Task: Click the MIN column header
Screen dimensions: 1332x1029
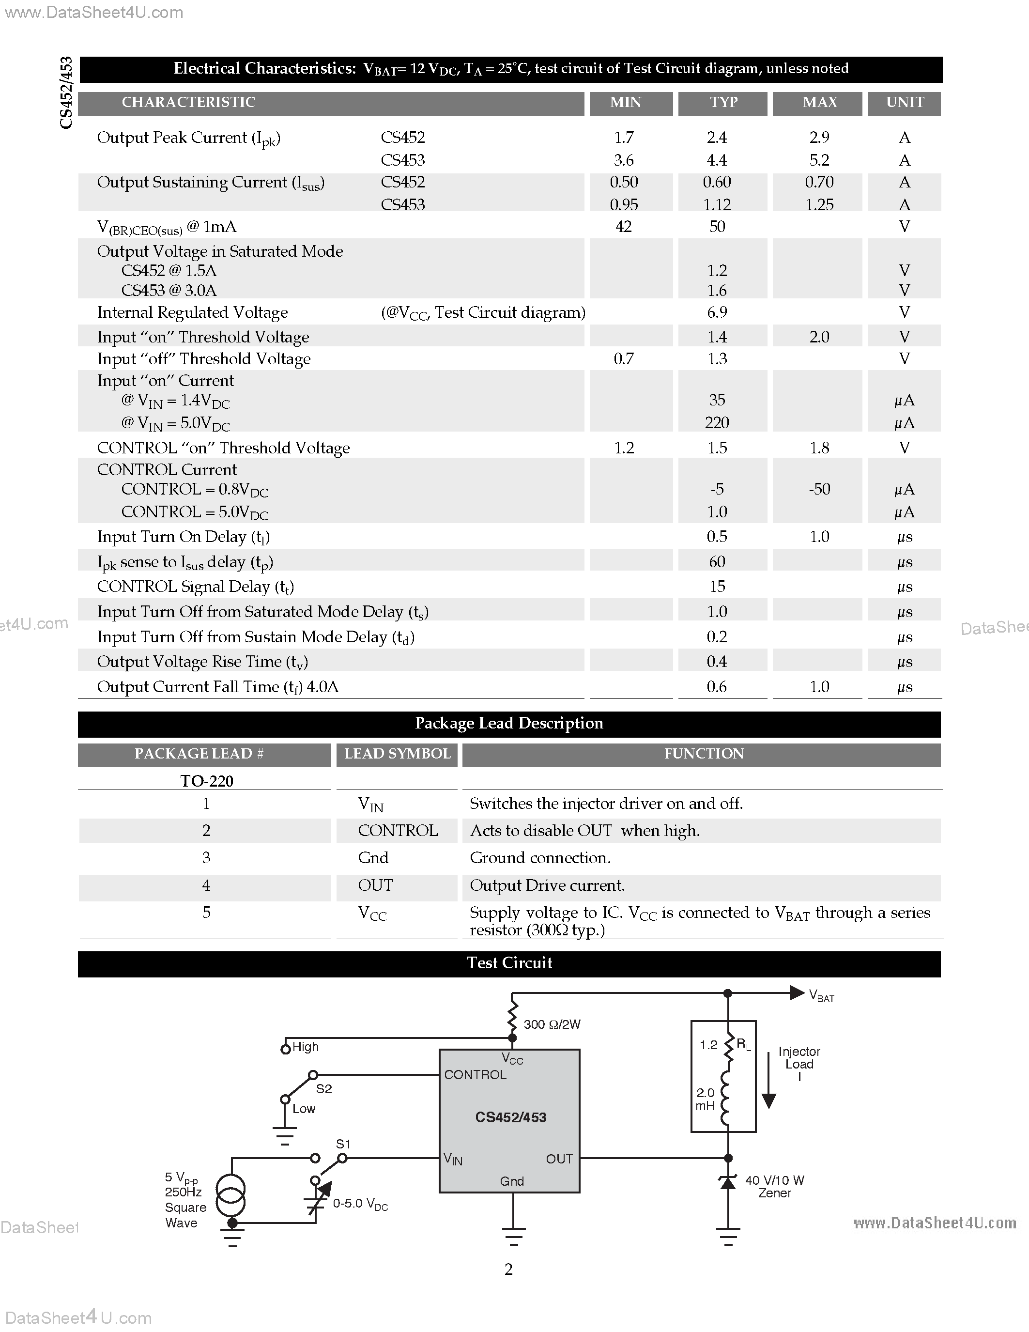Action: pyautogui.click(x=626, y=103)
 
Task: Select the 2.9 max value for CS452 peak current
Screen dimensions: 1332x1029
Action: pyautogui.click(x=819, y=138)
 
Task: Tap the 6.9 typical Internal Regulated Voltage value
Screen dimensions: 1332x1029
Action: pyautogui.click(x=717, y=313)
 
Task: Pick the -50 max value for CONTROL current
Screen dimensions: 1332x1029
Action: pyautogui.click(x=819, y=489)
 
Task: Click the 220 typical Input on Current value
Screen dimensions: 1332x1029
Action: pyautogui.click(x=717, y=423)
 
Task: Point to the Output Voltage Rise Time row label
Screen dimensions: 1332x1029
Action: pyautogui.click(x=202, y=662)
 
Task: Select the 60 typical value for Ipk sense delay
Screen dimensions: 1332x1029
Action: pyautogui.click(x=717, y=562)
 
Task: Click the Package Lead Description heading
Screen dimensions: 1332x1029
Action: pyautogui.click(x=509, y=723)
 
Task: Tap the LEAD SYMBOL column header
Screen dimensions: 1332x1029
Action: pyautogui.click(x=397, y=754)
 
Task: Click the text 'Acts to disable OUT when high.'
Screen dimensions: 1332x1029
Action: pyautogui.click(x=584, y=831)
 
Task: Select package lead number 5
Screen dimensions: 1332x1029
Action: pyautogui.click(x=206, y=913)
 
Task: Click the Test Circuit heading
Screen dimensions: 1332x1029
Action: pyautogui.click(x=509, y=963)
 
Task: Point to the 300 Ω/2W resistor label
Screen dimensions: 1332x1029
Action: pyautogui.click(x=552, y=1024)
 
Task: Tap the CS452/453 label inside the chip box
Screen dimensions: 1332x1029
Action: pyautogui.click(x=510, y=1117)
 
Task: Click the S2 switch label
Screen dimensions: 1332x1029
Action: pyautogui.click(x=323, y=1089)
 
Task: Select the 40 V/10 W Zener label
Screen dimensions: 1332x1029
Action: pyautogui.click(x=774, y=1186)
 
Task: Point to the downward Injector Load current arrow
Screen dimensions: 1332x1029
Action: pyautogui.click(x=768, y=1083)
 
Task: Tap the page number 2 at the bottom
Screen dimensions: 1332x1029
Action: pyautogui.click(x=508, y=1269)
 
